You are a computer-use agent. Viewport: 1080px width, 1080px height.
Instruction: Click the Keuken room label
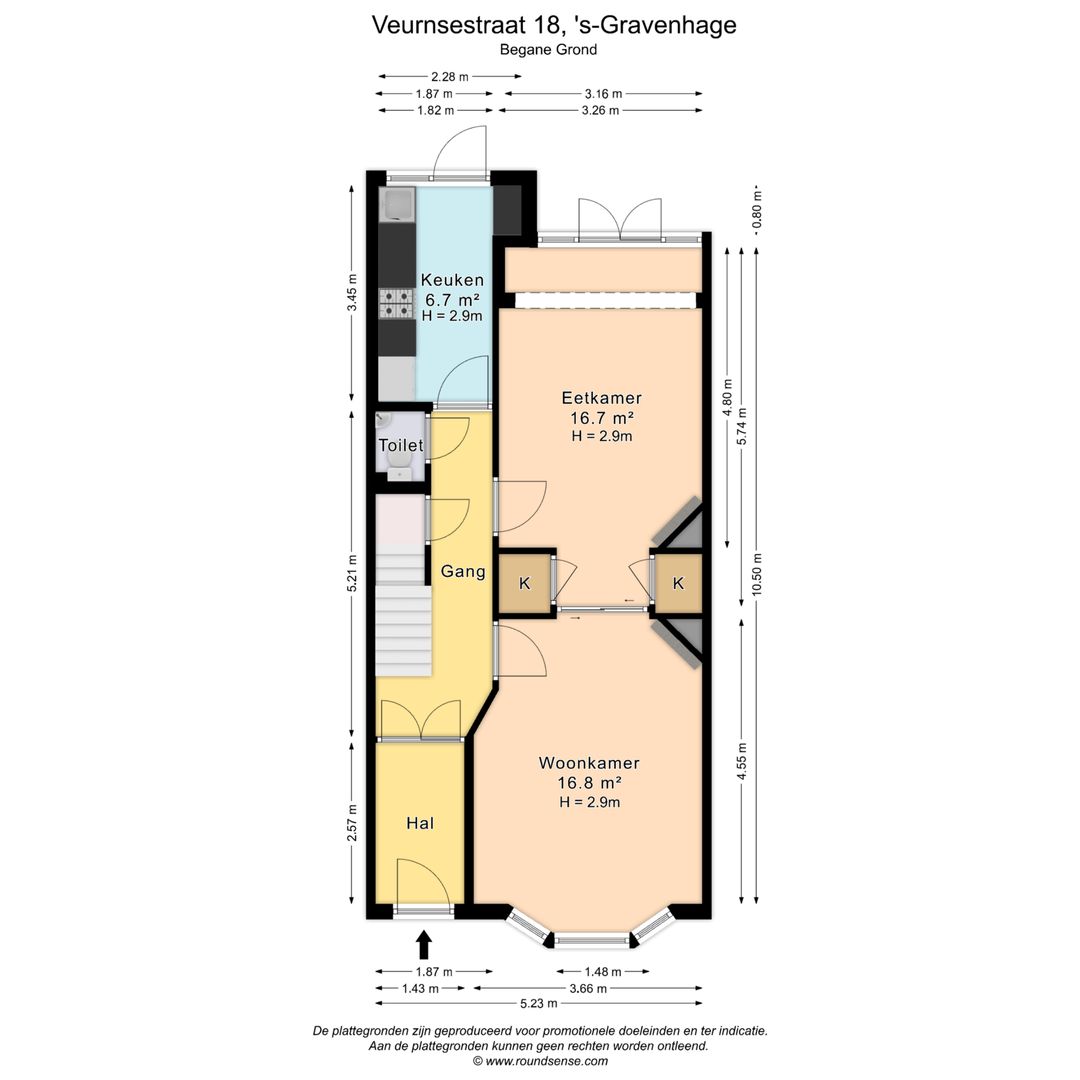coord(452,280)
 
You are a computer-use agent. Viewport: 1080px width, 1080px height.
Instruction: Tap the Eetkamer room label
coord(600,398)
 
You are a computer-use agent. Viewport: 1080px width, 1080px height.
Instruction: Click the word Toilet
coord(400,445)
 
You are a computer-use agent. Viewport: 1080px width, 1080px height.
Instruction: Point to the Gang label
coord(463,572)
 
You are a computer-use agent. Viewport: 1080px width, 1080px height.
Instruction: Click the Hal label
coord(420,824)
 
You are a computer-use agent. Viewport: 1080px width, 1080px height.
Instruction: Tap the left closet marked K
coord(525,584)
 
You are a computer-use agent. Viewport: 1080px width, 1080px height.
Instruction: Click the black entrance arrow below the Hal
coord(424,944)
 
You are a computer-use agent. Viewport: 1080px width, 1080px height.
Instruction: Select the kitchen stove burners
coord(396,303)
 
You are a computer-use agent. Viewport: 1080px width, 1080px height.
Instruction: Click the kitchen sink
coord(397,205)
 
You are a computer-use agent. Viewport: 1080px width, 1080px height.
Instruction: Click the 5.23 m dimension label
coord(539,1003)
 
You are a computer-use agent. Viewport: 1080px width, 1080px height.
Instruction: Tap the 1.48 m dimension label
coord(602,971)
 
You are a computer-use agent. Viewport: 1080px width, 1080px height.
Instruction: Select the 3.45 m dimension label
coord(351,293)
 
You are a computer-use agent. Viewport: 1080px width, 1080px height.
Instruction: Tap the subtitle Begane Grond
coord(548,49)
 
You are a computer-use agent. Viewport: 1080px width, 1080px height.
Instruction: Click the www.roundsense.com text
coord(547,1061)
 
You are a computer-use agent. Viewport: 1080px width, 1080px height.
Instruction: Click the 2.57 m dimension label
coord(351,823)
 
